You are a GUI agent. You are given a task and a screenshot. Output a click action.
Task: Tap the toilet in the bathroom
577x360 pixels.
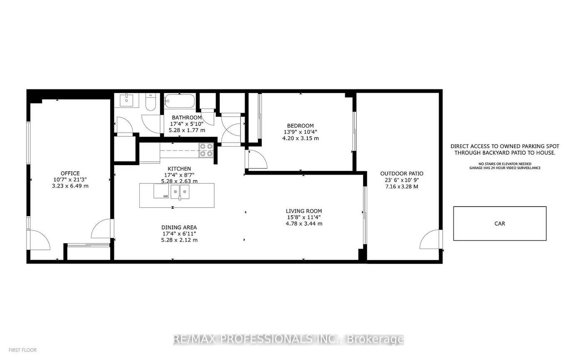[x=150, y=102]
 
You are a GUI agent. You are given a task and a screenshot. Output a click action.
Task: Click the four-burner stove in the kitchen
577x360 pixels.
[x=206, y=150]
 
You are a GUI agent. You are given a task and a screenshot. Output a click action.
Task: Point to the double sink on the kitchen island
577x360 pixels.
[x=179, y=192]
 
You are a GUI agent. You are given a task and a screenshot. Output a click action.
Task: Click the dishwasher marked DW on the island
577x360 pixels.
[x=161, y=192]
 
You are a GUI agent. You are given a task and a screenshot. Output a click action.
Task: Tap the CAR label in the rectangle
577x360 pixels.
[x=500, y=224]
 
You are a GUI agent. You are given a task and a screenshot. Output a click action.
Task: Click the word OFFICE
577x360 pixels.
[x=70, y=173]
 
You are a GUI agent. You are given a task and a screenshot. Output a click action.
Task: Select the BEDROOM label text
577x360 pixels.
[x=300, y=126]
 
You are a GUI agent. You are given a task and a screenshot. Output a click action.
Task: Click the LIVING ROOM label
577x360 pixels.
[x=304, y=211]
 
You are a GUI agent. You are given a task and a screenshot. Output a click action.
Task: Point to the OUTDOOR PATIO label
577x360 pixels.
[x=401, y=173]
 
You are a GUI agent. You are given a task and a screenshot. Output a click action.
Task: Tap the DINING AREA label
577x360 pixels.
[x=179, y=227]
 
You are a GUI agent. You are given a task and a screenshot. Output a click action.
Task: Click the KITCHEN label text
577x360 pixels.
[x=179, y=168]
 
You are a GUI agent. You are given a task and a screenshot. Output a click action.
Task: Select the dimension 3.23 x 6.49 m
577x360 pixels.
[x=70, y=186]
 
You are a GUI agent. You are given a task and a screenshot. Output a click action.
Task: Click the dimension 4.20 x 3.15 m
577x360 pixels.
[x=300, y=138]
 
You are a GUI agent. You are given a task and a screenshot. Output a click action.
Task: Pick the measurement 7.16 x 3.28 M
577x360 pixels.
[x=401, y=186]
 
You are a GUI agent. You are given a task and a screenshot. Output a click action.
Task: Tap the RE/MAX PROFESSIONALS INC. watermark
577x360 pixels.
[x=288, y=339]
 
